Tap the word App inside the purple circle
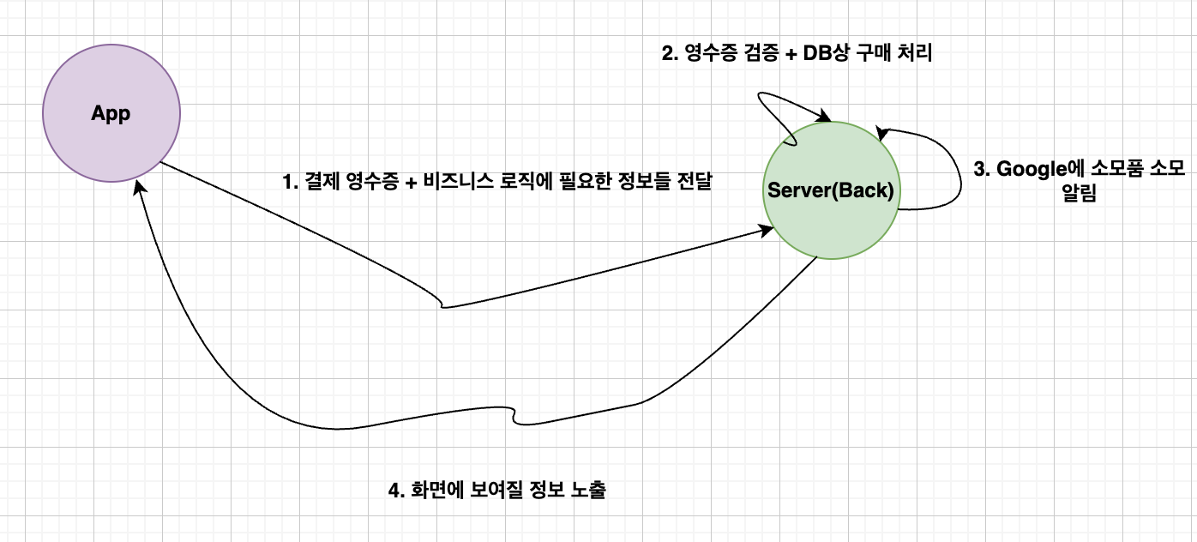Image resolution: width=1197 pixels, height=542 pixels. point(111,114)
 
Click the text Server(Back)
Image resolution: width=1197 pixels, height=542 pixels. point(830,190)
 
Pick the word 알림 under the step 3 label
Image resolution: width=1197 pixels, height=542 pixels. point(1079,194)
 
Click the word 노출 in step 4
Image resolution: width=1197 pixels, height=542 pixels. point(588,491)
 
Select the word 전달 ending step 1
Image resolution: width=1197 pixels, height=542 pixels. point(694,182)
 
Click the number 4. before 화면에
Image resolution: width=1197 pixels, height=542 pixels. point(396,491)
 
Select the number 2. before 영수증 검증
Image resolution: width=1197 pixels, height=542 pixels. point(669,53)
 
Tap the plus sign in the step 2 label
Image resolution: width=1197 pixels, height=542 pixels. point(785,53)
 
